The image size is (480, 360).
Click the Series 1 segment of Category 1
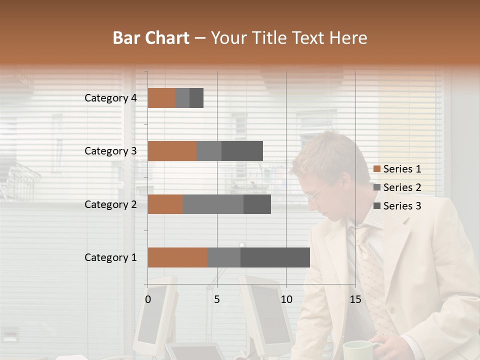click(177, 257)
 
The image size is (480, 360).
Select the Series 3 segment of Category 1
click(275, 257)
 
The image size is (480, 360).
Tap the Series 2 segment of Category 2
click(213, 204)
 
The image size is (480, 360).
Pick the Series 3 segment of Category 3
click(242, 151)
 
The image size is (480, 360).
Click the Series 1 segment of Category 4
click(161, 98)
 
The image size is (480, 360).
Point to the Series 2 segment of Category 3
click(209, 151)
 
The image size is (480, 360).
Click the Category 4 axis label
click(110, 98)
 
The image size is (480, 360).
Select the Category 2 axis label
click(110, 204)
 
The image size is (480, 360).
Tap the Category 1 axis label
click(110, 257)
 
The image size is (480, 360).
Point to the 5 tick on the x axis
click(217, 299)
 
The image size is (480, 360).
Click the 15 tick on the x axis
click(355, 299)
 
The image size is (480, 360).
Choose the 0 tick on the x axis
click(148, 299)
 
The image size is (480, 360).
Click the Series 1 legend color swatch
click(376, 169)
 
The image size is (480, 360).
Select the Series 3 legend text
click(402, 206)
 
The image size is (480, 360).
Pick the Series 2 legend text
click(402, 187)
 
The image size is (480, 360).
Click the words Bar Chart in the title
click(151, 38)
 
